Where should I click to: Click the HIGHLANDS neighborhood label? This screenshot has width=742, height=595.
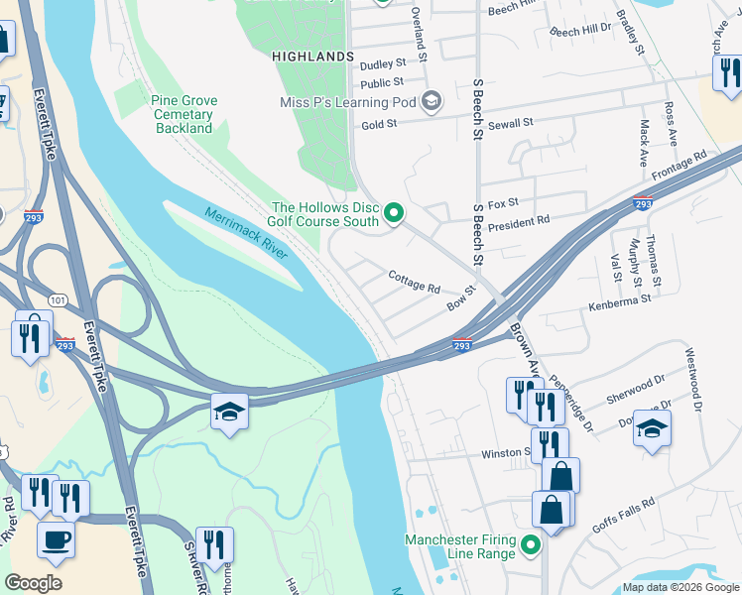point(313,58)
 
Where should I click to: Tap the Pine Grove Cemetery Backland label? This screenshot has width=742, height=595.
point(184,114)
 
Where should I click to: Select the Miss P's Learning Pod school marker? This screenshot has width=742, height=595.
point(432,102)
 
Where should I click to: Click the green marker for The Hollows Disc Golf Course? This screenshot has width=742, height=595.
point(394,213)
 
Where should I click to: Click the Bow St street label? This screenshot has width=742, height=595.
point(461,299)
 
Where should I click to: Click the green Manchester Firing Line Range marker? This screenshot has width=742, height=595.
point(531,546)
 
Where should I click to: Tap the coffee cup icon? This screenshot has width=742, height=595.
point(56,540)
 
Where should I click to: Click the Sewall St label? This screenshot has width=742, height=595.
point(511,123)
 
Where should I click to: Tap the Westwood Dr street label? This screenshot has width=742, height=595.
point(692,365)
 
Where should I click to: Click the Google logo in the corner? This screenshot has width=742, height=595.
point(34,583)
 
